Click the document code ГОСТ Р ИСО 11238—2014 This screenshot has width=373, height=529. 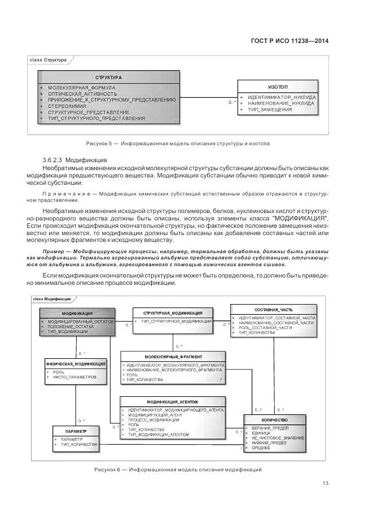click(x=288, y=41)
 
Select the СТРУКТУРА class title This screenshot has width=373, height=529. click(x=108, y=77)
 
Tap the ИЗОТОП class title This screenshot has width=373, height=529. click(x=277, y=87)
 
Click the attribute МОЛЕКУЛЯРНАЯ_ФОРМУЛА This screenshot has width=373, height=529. click(x=82, y=88)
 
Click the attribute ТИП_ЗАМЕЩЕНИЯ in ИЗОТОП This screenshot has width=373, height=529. click(x=270, y=110)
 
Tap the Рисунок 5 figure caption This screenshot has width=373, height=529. click(x=178, y=144)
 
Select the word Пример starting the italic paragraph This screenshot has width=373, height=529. click(x=56, y=250)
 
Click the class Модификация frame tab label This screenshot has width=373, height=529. click(x=51, y=298)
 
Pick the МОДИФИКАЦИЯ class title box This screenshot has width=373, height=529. click(x=77, y=313)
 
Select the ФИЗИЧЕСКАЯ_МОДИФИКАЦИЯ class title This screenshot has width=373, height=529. click(x=75, y=363)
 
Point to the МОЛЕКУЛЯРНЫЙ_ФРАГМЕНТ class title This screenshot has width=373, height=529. click(x=173, y=357)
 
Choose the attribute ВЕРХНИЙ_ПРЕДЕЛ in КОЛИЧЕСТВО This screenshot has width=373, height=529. click(x=266, y=428)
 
